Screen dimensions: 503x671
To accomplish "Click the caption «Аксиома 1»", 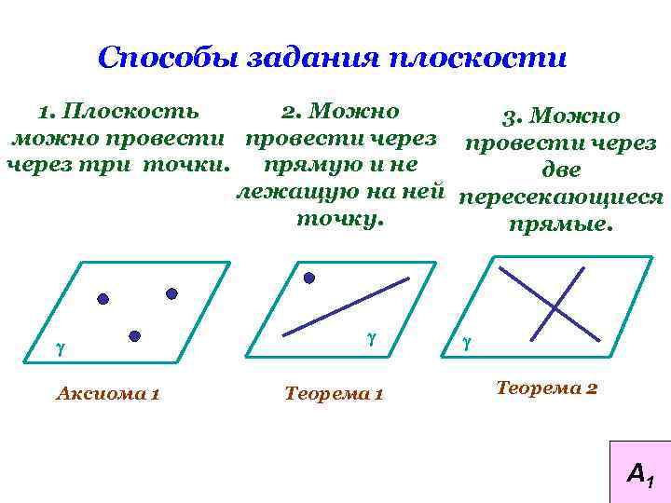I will [x=107, y=394].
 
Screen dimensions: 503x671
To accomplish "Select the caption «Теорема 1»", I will [x=333, y=395].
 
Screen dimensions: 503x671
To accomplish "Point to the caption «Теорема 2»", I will [x=547, y=387].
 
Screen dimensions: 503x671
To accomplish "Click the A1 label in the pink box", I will [x=640, y=475].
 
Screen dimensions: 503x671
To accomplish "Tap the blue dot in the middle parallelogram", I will [x=309, y=277].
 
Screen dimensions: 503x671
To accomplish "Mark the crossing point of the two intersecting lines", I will [x=555, y=306].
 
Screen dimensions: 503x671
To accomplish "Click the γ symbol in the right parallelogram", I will [x=467, y=343].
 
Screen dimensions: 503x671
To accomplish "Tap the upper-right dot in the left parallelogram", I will [x=171, y=292].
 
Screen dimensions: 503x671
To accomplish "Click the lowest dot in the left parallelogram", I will [x=134, y=334].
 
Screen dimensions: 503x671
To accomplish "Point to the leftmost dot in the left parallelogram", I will [x=103, y=299].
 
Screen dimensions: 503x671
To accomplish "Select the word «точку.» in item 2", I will [x=339, y=220].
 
